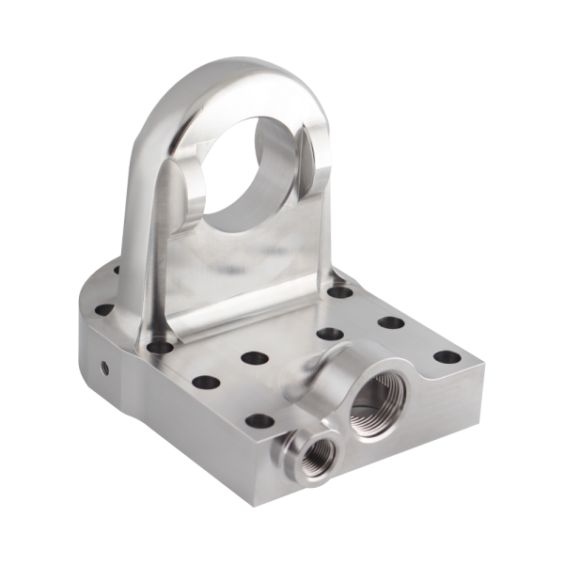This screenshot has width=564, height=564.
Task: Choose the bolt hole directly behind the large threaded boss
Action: [328, 333]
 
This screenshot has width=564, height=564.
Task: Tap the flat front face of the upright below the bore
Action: [249, 282]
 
